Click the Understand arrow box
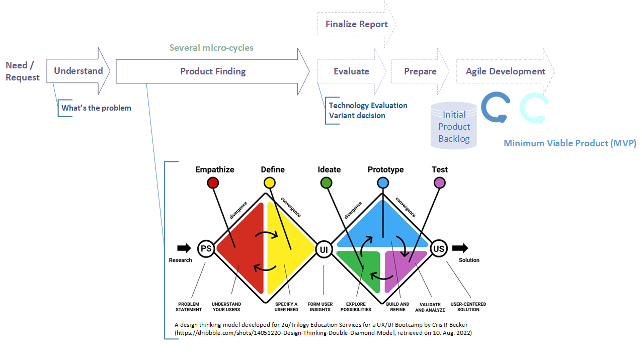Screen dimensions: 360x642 78,71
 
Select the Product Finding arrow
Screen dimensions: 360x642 213,71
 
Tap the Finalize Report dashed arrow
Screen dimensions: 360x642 356,24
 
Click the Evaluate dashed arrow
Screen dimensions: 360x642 351,71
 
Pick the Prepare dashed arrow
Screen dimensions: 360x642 420,71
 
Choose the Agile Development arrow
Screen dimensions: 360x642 505,71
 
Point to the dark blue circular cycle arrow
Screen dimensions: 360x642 496,107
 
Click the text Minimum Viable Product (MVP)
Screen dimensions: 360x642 570,143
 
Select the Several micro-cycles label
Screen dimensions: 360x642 211,48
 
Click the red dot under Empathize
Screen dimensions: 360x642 213,183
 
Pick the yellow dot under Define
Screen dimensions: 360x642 270,183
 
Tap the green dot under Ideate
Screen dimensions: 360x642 326,183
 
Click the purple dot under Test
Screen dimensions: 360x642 439,183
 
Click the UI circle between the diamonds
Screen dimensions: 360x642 324,248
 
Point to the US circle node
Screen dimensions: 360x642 439,248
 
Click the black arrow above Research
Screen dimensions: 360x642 184,248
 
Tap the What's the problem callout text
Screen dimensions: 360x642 96,108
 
